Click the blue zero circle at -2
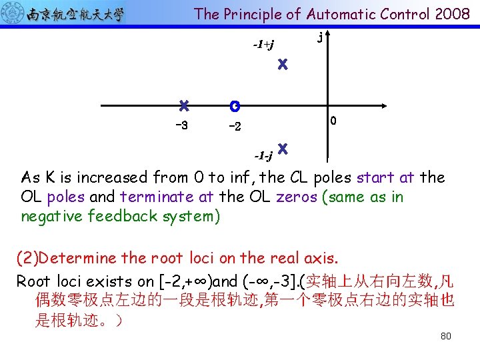pos(234,105)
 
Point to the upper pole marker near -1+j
pos(283,65)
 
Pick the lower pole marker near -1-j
pos(283,147)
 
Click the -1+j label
pos(263,45)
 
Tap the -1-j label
pos(263,156)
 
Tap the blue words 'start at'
pos(385,178)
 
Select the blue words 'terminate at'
pos(157,197)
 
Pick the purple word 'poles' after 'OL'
pos(66,197)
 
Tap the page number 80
pos(446,336)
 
